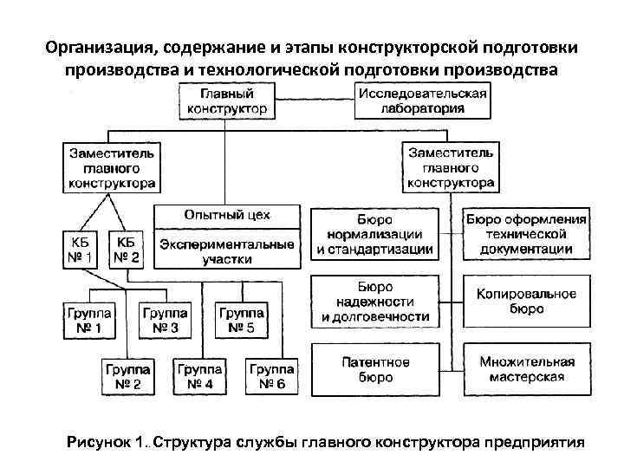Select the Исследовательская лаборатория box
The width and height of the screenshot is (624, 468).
coord(422,101)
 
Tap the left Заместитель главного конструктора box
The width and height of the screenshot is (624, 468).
coord(111,166)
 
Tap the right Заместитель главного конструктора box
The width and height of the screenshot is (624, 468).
coord(451,166)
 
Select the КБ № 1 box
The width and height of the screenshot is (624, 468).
coord(81,250)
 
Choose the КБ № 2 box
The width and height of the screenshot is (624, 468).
coord(127,250)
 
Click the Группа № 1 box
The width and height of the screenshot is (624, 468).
coord(87,320)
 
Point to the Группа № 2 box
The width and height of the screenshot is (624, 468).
coord(127,375)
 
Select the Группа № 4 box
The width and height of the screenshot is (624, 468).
coord(200,375)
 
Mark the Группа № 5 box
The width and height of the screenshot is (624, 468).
coord(242,320)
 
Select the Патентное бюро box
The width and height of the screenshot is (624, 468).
coord(374,369)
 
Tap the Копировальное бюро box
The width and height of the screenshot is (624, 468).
coord(526,301)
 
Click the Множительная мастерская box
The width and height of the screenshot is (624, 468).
coord(526,369)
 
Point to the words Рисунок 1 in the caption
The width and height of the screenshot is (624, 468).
coord(105,443)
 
